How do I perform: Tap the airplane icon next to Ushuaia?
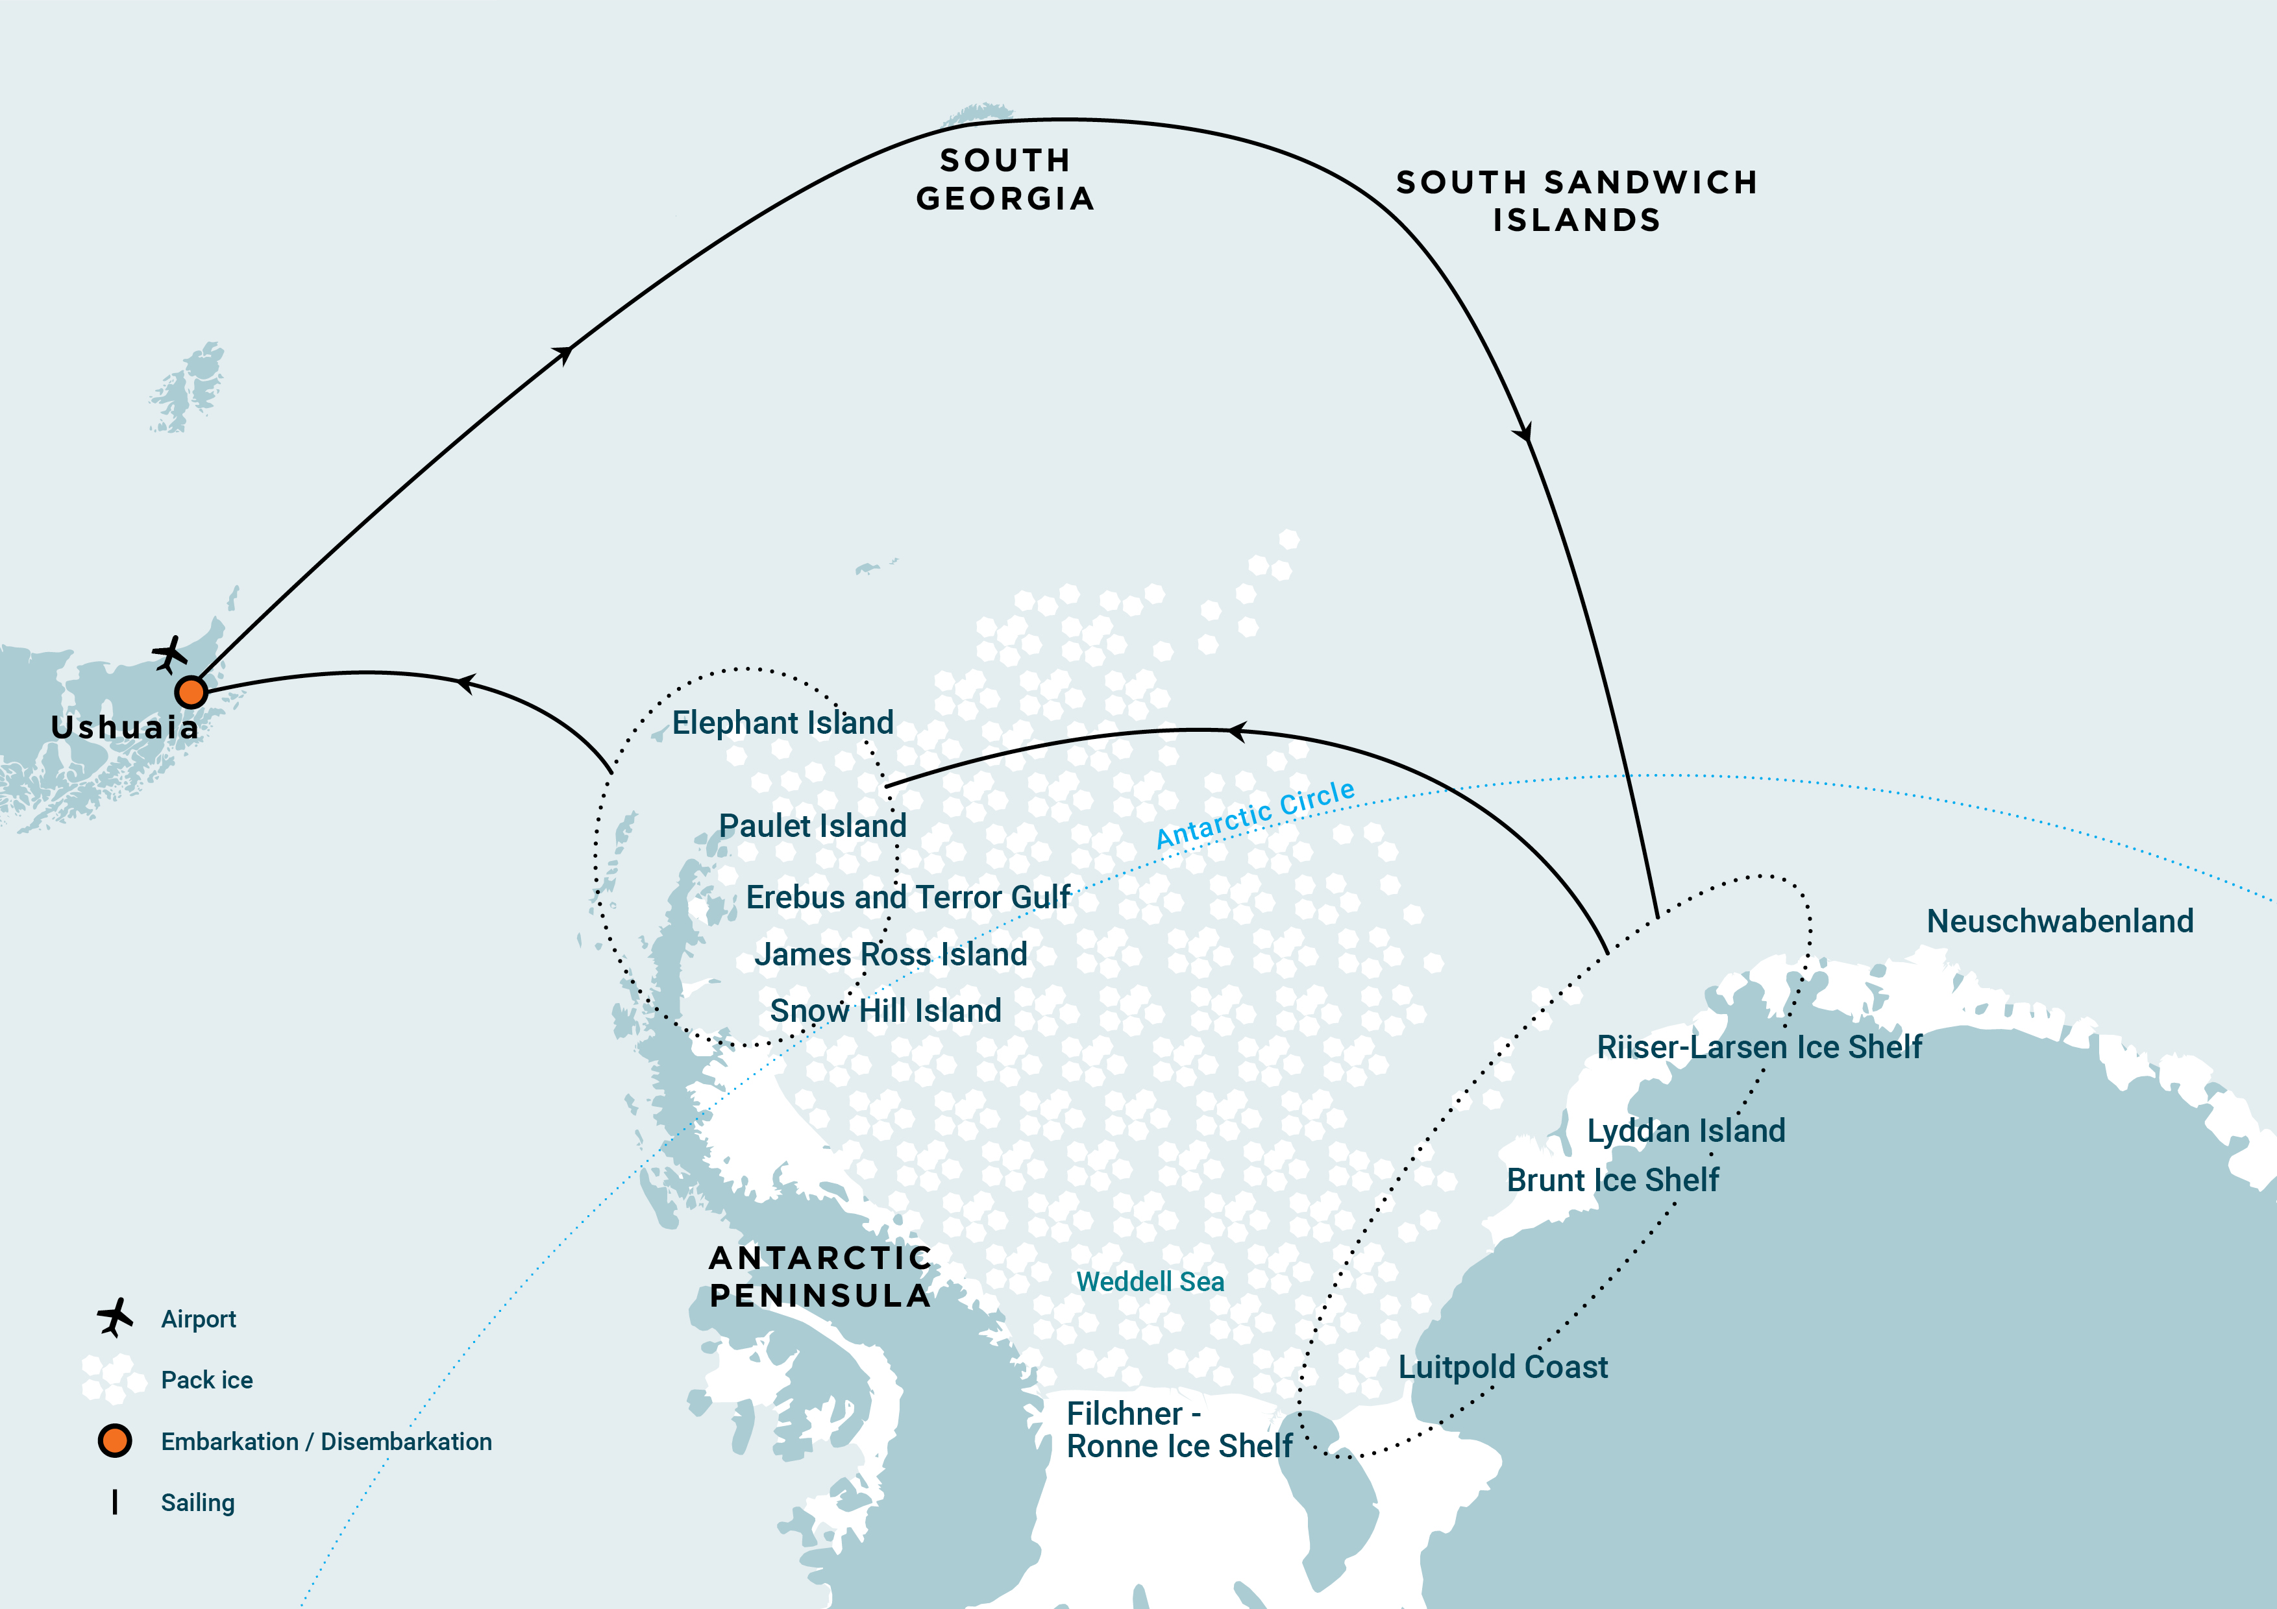[169, 655]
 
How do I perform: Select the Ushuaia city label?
[125, 727]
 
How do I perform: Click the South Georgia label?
[1005, 180]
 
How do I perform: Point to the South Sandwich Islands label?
[1576, 201]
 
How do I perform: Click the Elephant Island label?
[782, 723]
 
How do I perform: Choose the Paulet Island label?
[812, 826]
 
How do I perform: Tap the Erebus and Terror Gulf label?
[907, 897]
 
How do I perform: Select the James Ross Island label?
[891, 954]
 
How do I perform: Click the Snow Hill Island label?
[885, 1010]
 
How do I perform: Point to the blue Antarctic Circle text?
[1255, 814]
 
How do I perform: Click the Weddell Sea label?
[1150, 1282]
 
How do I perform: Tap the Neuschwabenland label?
[2059, 921]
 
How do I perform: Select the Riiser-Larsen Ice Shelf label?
[1758, 1047]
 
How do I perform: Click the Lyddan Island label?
[1686, 1130]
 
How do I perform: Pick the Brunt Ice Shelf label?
[1612, 1180]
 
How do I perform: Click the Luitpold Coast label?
[1503, 1367]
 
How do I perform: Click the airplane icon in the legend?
[115, 1318]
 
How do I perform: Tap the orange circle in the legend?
[115, 1440]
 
